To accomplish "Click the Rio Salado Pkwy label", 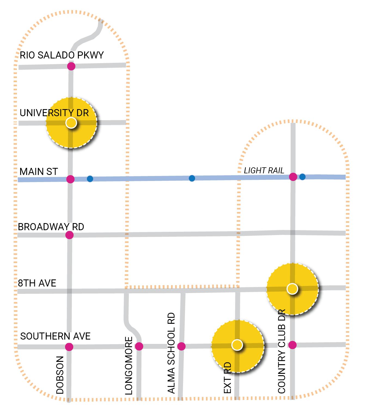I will click(x=62, y=55).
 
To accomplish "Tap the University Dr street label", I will click(x=54, y=113).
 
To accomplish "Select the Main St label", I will click(x=39, y=172).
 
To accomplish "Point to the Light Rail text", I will click(x=264, y=171).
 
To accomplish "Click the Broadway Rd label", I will click(x=51, y=227).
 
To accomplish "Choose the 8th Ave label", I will click(x=37, y=283).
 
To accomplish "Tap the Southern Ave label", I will click(x=55, y=336).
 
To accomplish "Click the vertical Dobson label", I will click(x=60, y=375).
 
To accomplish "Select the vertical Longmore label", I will click(x=129, y=366).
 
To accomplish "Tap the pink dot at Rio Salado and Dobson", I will click(x=71, y=66).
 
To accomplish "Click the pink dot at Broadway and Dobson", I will click(x=69, y=235).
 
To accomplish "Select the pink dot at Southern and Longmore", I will click(x=139, y=346).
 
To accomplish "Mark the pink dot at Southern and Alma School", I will click(x=181, y=346).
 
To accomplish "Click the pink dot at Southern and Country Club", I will click(x=292, y=345).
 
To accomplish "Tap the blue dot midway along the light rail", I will click(x=192, y=178).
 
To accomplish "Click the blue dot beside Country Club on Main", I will click(x=302, y=177).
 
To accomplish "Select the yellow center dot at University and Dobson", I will click(x=71, y=123).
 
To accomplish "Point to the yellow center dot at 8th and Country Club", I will click(x=292, y=289).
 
